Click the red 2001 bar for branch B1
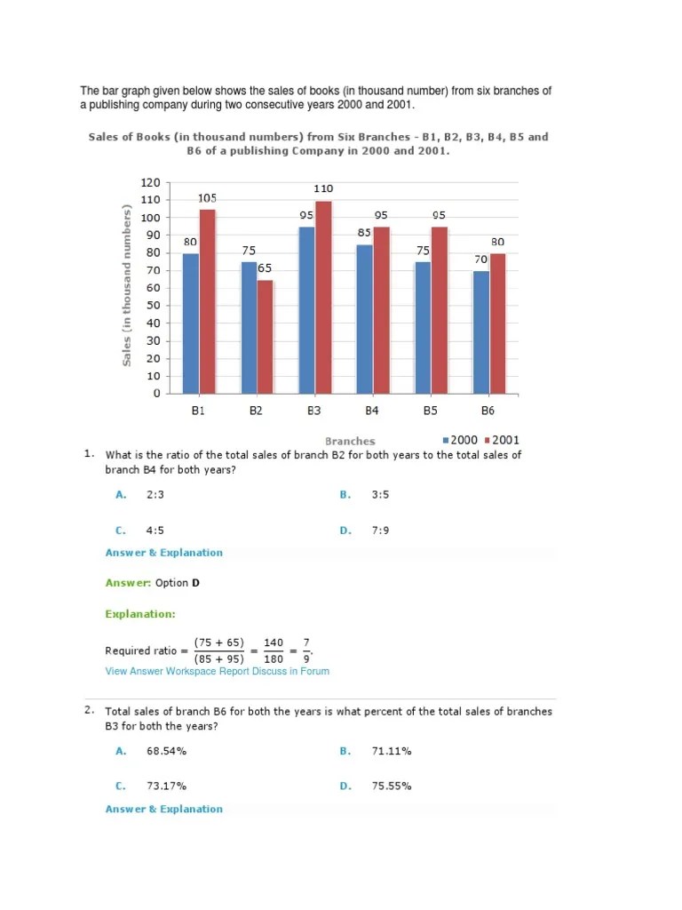pyautogui.click(x=207, y=301)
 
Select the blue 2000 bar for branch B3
pyautogui.click(x=306, y=310)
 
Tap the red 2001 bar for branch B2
pyautogui.click(x=264, y=337)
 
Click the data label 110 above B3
pyautogui.click(x=323, y=189)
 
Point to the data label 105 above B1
pyautogui.click(x=208, y=198)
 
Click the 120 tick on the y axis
pyautogui.click(x=151, y=183)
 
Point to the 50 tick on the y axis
pyautogui.click(x=154, y=306)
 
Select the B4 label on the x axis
pyautogui.click(x=372, y=411)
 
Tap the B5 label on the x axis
pyautogui.click(x=430, y=411)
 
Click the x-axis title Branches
pyautogui.click(x=350, y=441)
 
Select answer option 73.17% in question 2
pyautogui.click(x=166, y=786)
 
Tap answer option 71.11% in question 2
pyautogui.click(x=392, y=751)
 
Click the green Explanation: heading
pyautogui.click(x=140, y=613)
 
